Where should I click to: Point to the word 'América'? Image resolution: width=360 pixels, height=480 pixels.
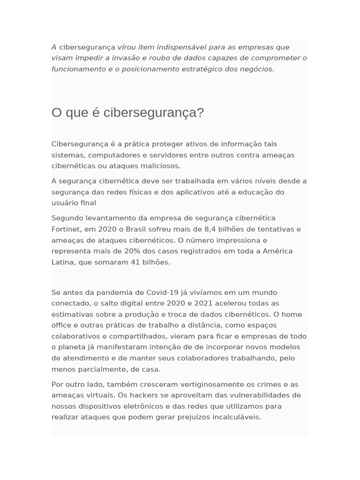tap(277, 251)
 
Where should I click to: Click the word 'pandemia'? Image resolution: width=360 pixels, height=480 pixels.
tap(112, 292)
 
